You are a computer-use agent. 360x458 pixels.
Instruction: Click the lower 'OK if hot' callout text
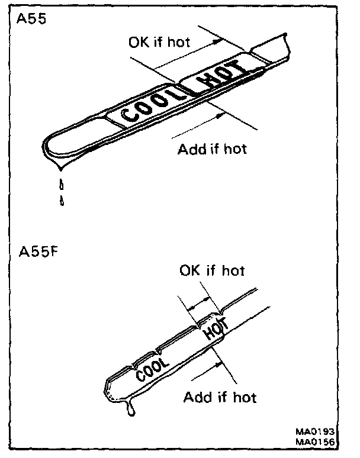pos(211,270)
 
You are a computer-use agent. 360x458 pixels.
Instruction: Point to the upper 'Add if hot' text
pos(212,148)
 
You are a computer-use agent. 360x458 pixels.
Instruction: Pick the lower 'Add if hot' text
pos(220,396)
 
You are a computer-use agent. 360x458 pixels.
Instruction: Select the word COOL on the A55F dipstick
pos(153,366)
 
